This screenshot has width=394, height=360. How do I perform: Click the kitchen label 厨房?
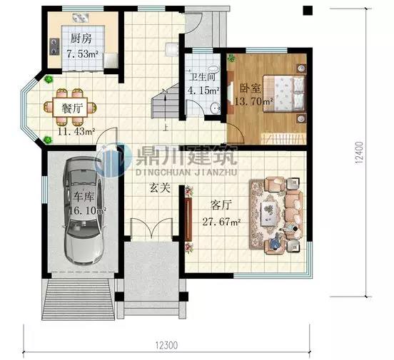click(81, 39)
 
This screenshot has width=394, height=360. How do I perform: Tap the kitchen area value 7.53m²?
click(82, 53)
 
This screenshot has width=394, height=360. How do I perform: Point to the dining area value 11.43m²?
click(76, 131)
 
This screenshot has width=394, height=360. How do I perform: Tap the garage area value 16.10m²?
click(87, 210)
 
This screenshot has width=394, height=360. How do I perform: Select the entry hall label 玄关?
click(160, 187)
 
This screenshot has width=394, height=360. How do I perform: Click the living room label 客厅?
click(221, 205)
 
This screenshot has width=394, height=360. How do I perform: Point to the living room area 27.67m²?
click(221, 222)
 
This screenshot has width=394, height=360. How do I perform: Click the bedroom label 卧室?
click(250, 88)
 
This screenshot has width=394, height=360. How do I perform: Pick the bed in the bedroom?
click(284, 93)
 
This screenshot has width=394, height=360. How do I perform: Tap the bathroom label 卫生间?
click(202, 77)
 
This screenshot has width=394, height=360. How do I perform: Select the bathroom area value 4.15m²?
click(203, 90)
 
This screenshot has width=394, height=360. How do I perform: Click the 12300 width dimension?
click(166, 345)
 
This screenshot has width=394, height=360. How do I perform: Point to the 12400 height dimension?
click(360, 153)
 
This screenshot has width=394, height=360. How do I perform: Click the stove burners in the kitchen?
click(54, 47)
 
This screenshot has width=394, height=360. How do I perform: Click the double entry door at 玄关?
click(151, 228)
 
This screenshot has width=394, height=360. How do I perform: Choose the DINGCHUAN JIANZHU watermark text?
click(186, 173)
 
